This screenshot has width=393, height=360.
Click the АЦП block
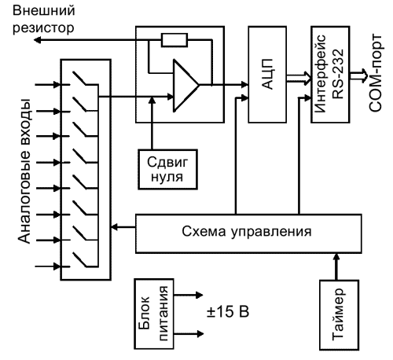click(x=267, y=75)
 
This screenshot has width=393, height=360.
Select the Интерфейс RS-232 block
click(x=330, y=75)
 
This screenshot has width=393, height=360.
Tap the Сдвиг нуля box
click(x=167, y=169)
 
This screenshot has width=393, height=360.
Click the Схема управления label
click(x=247, y=232)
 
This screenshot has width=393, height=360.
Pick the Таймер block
click(x=339, y=315)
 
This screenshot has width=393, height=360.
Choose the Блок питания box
click(x=154, y=314)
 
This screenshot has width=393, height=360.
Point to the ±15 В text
click(x=228, y=311)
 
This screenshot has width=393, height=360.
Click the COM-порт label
click(x=375, y=72)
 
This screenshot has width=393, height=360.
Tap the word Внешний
click(x=44, y=11)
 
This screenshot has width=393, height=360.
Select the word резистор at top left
click(x=43, y=28)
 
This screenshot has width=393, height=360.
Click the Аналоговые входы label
click(x=24, y=171)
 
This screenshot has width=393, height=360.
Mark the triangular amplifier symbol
click(x=186, y=86)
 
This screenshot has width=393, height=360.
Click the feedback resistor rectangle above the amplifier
click(x=174, y=40)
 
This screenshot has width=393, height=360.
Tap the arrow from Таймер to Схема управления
click(x=336, y=266)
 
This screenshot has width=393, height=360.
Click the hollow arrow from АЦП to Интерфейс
click(x=299, y=79)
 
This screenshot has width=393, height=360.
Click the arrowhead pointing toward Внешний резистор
click(x=38, y=40)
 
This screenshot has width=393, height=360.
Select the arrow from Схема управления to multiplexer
click(x=123, y=227)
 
